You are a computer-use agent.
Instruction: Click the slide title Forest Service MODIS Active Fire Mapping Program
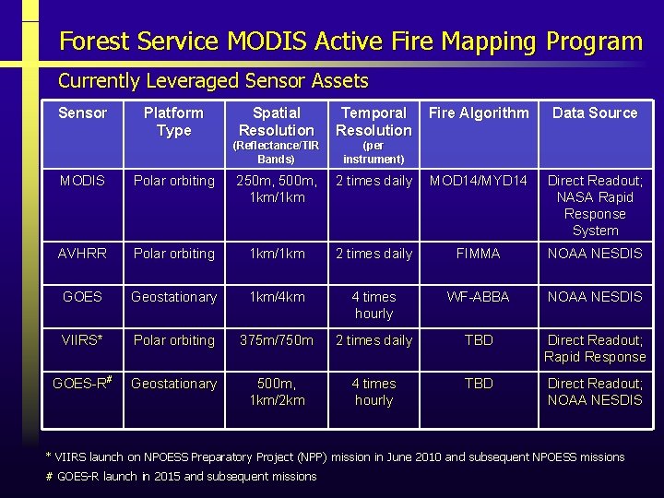point(350,41)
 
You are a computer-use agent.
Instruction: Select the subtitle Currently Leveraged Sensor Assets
point(213,81)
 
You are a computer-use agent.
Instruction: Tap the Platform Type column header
point(173,122)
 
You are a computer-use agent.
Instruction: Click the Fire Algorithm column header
point(479,113)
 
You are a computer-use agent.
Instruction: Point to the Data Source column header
point(595,113)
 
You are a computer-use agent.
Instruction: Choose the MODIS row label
point(82,181)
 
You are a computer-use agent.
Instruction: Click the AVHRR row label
point(82,254)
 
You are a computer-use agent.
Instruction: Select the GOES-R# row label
point(82,384)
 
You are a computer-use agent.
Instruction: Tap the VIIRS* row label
point(82,340)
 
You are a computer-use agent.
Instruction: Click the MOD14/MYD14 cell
point(479,181)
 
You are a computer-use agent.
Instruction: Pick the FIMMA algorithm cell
point(479,254)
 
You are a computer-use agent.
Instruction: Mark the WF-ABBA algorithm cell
point(479,297)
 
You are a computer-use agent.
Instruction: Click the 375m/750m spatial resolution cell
point(276,340)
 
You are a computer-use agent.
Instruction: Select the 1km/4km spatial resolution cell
point(276,297)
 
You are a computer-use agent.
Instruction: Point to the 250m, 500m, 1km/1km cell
point(276,189)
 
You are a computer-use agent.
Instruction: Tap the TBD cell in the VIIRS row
point(479,340)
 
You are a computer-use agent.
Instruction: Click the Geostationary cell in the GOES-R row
point(173,384)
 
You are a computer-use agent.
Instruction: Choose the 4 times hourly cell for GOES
point(373,305)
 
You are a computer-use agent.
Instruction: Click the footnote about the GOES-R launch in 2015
point(181,477)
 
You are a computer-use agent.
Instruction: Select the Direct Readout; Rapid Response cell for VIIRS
point(595,349)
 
